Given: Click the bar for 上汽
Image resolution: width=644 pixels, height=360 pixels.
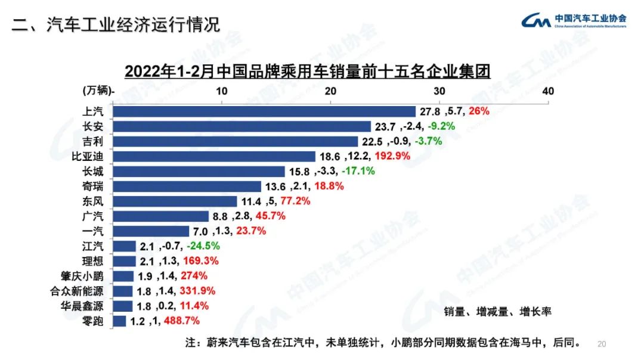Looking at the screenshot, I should coord(264,111).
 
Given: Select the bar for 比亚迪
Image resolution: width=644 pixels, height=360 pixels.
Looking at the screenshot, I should coord(214,156).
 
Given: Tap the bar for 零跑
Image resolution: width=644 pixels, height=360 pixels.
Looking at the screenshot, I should coord(119,321).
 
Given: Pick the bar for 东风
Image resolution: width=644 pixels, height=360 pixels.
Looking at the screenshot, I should coord(175,201).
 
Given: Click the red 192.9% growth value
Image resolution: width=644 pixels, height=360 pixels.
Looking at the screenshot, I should coord(394,156).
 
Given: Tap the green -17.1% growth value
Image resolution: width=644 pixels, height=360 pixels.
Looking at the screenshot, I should coord(358,171).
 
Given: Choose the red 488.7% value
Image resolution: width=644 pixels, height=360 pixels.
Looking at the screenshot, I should coord(179,321).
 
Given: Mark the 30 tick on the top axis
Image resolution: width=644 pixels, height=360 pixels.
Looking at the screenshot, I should coord(439,91).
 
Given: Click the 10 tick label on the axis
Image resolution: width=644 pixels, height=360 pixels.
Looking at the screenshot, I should coord(222,91).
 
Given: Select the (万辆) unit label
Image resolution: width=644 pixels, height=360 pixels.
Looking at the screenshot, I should coord(97,91).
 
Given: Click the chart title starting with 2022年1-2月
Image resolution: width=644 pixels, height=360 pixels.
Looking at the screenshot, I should coord(307,72).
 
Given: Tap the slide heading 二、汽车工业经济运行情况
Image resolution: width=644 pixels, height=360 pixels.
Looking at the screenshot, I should coord(116,24).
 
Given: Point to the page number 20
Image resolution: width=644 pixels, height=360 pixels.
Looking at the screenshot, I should coord(601,344).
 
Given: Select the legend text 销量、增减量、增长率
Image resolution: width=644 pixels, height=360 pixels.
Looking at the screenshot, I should coord(499,311).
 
